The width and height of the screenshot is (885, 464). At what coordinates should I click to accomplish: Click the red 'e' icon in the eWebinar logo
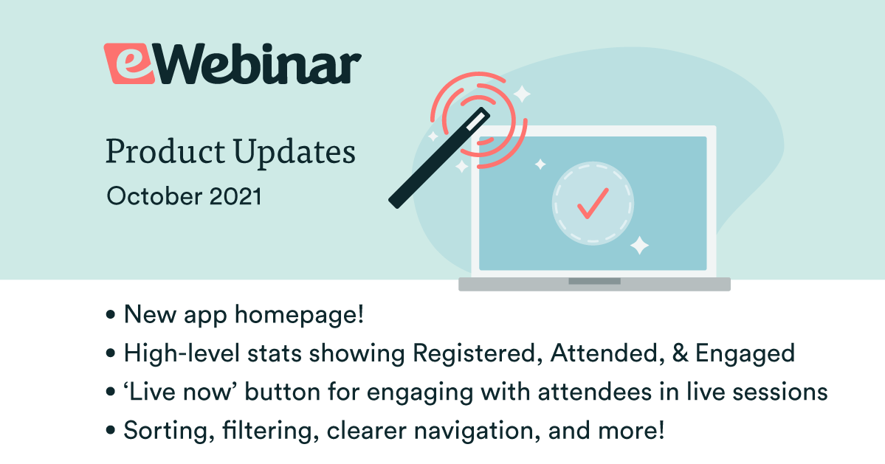click(x=129, y=63)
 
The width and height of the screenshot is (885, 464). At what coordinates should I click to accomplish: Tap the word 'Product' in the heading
click(x=165, y=152)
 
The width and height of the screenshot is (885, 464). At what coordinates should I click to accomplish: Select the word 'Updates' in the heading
click(x=294, y=152)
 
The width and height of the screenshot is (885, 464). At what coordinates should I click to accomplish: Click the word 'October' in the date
click(x=154, y=196)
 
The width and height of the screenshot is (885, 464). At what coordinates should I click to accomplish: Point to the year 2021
click(x=235, y=196)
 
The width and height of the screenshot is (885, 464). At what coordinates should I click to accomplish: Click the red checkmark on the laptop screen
click(x=593, y=203)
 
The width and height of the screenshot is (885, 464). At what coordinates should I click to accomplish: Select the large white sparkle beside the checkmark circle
click(x=639, y=245)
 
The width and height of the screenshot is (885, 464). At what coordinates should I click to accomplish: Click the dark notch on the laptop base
click(x=594, y=281)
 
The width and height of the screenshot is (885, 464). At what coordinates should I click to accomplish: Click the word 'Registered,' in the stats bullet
click(x=474, y=353)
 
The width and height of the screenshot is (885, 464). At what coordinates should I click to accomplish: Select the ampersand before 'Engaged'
click(x=681, y=353)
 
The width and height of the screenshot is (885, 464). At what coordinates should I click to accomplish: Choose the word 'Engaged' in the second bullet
click(x=745, y=354)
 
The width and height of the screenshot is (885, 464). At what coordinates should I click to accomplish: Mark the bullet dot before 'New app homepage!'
click(x=111, y=314)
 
